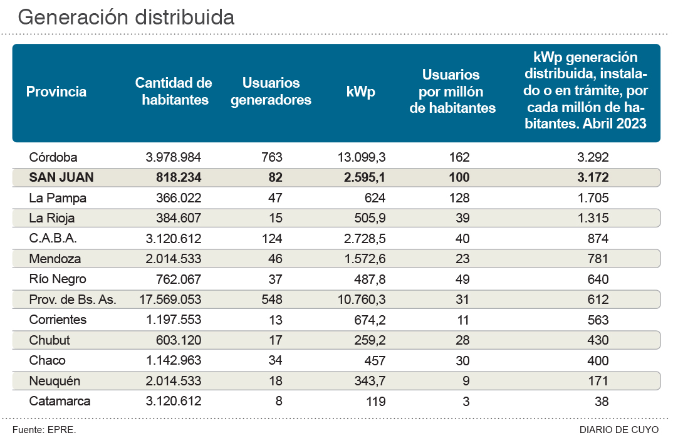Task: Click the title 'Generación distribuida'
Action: click(126, 17)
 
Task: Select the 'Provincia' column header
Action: click(56, 91)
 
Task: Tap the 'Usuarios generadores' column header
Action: click(271, 91)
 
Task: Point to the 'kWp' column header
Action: click(360, 91)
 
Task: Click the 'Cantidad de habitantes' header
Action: click(174, 91)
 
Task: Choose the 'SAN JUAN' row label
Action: click(61, 177)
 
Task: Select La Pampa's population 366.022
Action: click(179, 198)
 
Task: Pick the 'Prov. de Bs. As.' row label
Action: click(73, 300)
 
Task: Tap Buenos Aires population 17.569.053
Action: click(170, 300)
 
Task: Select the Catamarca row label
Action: click(60, 401)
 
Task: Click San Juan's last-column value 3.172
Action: click(594, 177)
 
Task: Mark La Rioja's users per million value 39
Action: click(462, 218)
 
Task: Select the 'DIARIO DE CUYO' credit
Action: click(619, 429)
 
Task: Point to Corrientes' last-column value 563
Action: click(598, 320)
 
